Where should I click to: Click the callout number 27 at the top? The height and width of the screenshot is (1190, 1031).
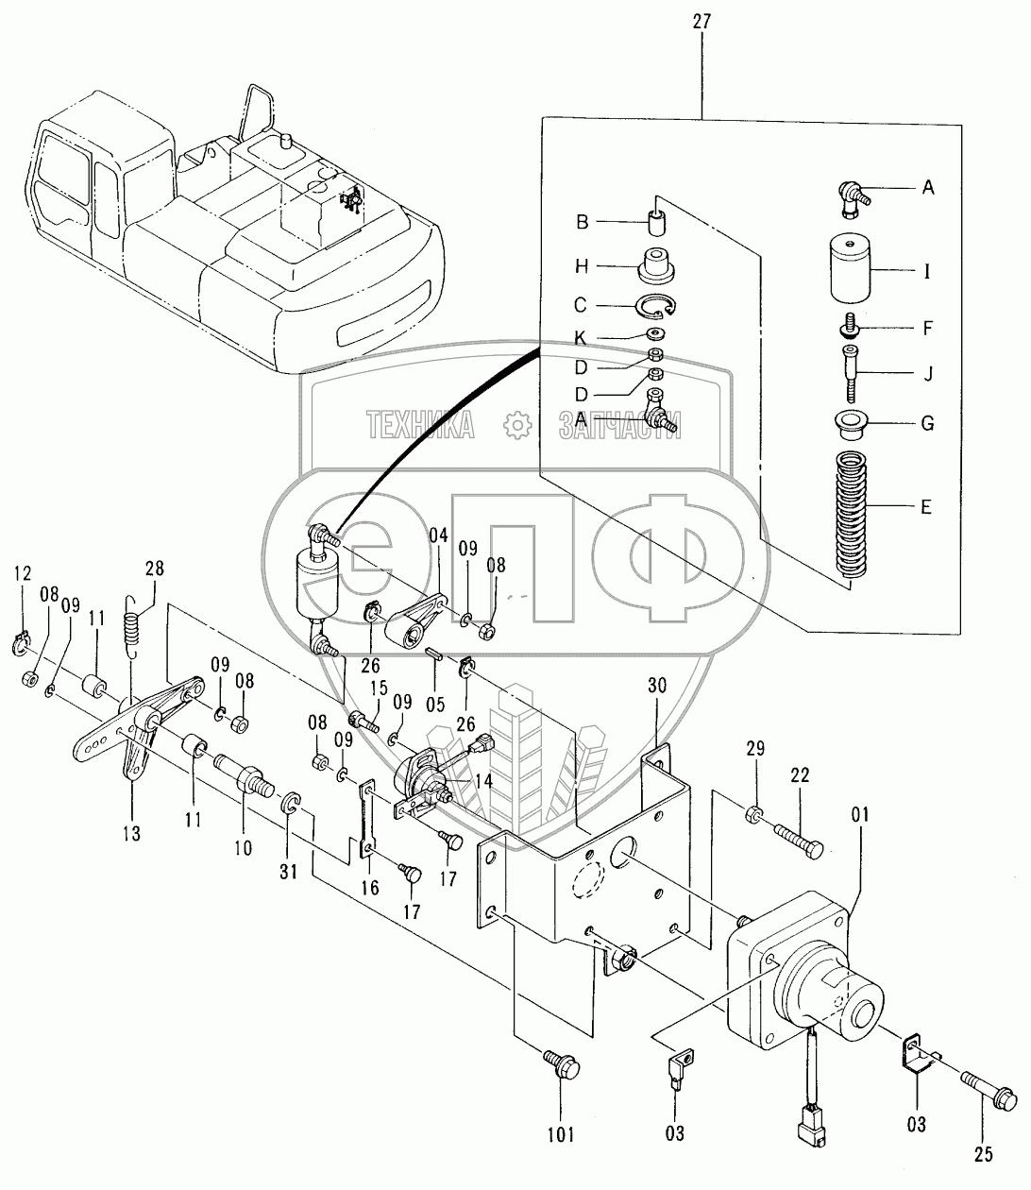(702, 20)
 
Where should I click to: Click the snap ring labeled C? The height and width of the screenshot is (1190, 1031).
(652, 305)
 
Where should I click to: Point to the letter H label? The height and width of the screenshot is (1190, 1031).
(582, 266)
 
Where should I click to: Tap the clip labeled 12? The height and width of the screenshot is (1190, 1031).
(26, 644)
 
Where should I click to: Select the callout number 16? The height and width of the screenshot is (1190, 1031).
(370, 887)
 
